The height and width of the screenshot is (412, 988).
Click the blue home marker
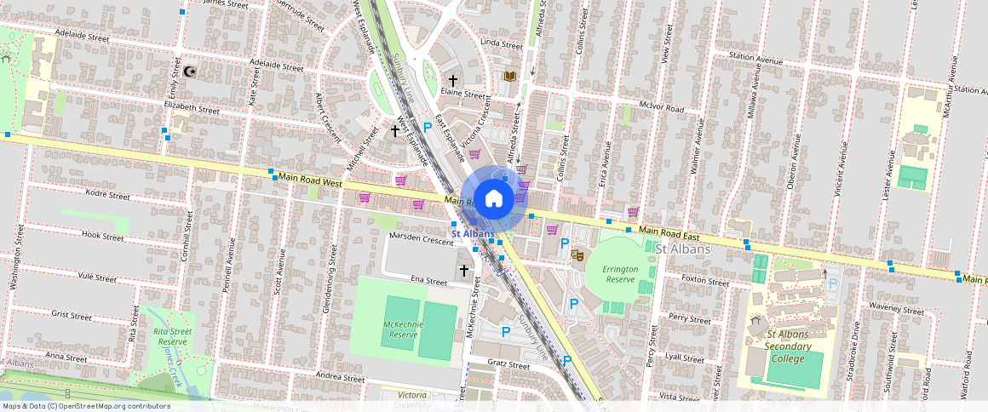493,199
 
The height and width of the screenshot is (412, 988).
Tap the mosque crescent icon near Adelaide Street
188,72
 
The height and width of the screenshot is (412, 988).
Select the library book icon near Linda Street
509,77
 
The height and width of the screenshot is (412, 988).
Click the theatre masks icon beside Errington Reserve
577,254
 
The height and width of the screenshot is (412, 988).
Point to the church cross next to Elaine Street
453,81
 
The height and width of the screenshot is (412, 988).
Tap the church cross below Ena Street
464,271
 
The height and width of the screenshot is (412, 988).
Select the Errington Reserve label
619,273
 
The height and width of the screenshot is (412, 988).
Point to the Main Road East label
669,232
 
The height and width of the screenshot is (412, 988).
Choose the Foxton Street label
706,282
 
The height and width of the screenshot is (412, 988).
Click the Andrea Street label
340,378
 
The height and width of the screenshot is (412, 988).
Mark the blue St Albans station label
473,233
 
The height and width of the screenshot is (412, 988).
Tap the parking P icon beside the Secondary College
833,283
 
